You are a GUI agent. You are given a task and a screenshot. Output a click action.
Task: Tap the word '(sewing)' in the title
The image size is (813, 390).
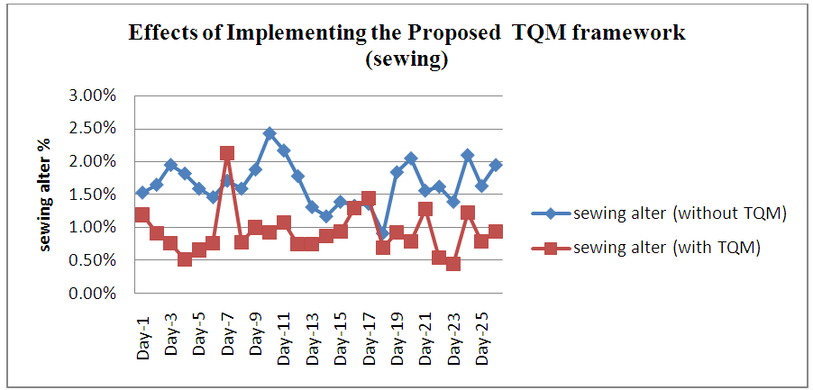tap(406, 60)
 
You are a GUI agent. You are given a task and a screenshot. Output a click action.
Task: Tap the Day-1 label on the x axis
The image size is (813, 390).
tap(142, 338)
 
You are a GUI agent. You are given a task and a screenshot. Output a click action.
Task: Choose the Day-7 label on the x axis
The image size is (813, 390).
tap(227, 338)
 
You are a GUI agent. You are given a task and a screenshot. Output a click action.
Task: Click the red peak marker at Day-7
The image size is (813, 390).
tap(227, 153)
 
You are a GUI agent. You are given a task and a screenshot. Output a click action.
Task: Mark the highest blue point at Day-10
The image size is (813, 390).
tap(269, 133)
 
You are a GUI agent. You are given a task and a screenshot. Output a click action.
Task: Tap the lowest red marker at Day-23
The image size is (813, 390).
tap(453, 264)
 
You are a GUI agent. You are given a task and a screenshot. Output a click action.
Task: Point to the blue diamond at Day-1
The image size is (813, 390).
tap(142, 193)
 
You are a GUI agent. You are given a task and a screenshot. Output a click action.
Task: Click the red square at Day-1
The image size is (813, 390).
tap(142, 214)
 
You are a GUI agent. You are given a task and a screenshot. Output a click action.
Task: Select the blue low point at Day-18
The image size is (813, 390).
tap(382, 234)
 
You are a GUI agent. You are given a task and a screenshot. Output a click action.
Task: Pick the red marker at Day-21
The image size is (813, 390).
tap(425, 209)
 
